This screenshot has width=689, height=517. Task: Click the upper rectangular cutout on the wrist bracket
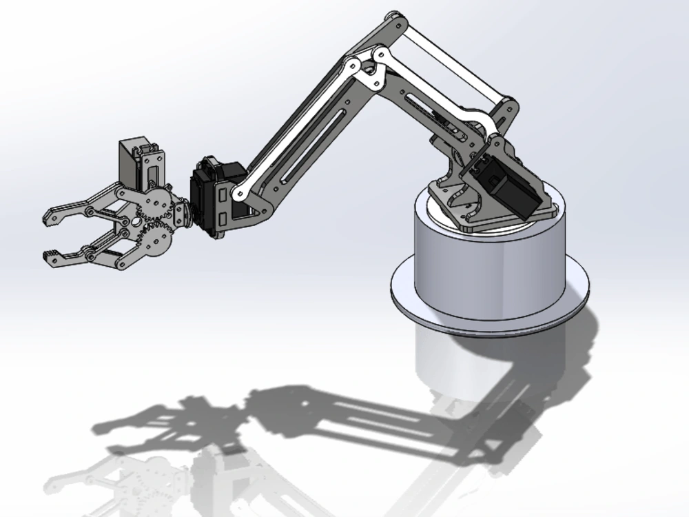pyautogui.click(x=222, y=197)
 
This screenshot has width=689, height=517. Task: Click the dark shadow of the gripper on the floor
pyautogui.click(x=158, y=420)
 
